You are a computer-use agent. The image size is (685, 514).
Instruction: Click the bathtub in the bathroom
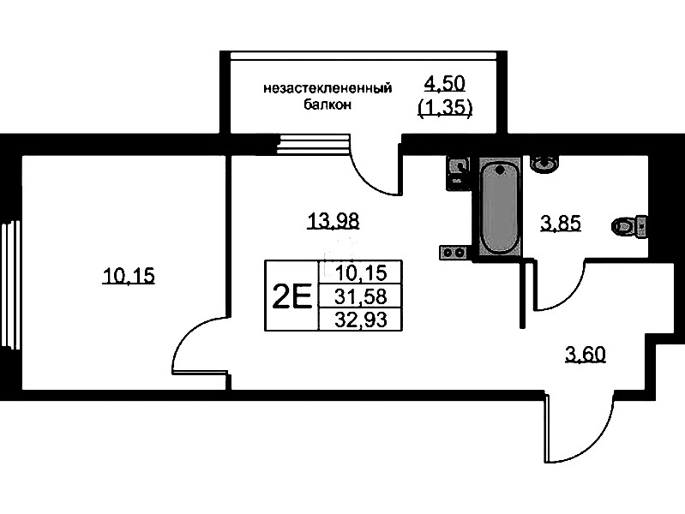point(500,206)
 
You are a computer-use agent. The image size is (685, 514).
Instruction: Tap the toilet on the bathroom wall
point(629,227)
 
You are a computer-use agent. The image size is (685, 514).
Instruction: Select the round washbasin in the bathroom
point(544,164)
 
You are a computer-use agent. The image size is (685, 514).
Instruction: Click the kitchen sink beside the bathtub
point(458,173)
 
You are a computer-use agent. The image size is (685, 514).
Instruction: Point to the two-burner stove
point(454,252)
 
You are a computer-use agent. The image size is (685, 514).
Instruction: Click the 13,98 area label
point(333,220)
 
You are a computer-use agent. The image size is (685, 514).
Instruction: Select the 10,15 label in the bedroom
point(129,276)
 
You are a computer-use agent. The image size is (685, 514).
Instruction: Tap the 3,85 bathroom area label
point(561,224)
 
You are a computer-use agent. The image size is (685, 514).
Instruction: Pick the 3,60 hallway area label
point(586,354)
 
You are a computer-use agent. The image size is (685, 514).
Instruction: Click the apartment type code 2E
point(291,296)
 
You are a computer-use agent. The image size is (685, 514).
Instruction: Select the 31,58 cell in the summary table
point(361,296)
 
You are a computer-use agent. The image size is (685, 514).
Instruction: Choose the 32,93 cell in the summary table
point(361,320)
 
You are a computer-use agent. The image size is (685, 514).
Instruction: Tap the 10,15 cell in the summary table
point(361,273)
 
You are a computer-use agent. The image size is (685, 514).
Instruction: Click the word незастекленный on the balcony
point(327,88)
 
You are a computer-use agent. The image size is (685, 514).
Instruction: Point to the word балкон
point(327,105)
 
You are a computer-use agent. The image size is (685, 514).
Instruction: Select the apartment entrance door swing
point(579,427)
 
